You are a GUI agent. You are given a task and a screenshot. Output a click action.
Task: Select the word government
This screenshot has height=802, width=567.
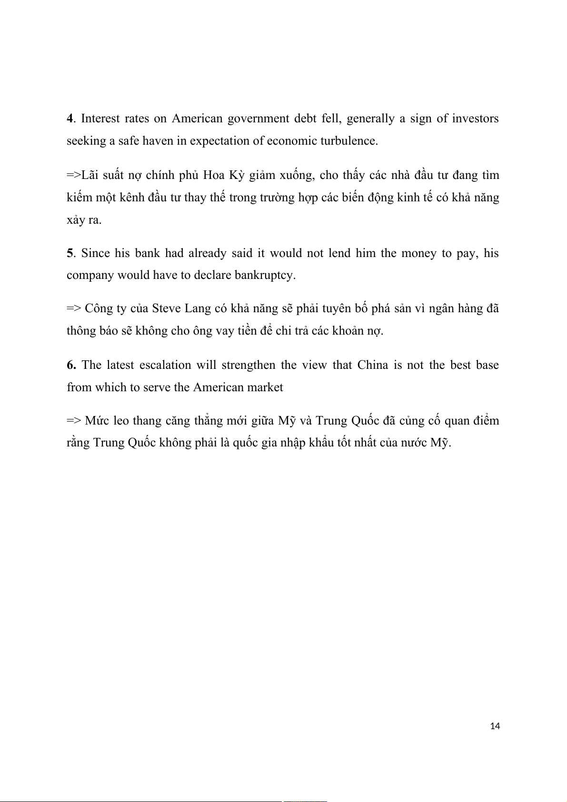pyautogui.click(x=258, y=119)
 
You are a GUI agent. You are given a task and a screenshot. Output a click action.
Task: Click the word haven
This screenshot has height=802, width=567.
pyautogui.click(x=158, y=141)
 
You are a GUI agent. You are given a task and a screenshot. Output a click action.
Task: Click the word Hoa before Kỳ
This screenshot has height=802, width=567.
pyautogui.click(x=214, y=175)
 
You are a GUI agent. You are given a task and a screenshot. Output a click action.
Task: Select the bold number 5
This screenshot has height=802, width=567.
pyautogui.click(x=70, y=253)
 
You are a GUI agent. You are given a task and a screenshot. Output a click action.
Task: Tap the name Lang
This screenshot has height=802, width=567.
pyautogui.click(x=198, y=308)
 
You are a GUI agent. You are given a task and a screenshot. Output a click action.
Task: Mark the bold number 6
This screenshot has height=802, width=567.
pyautogui.click(x=71, y=365)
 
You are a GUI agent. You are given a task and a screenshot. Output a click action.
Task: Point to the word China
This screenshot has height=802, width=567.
pyautogui.click(x=373, y=365)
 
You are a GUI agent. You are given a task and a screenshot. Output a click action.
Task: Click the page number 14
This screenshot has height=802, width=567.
pyautogui.click(x=495, y=726)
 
